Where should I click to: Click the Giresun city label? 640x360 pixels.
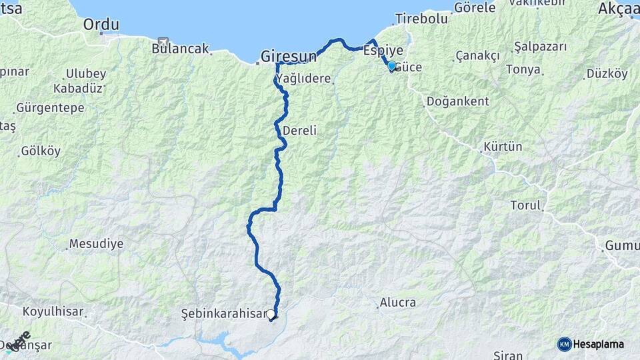(288, 56)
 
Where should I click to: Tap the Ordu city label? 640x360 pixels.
(101, 25)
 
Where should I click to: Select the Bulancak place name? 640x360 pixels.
(180, 49)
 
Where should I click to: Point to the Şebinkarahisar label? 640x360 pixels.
(223, 313)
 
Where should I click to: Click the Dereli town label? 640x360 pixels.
(299, 131)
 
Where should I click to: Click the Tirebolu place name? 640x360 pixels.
(421, 19)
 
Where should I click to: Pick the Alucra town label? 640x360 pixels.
(397, 303)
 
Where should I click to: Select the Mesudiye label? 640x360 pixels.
(96, 243)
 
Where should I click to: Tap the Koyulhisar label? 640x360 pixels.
(52, 311)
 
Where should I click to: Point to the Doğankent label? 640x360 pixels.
(457, 101)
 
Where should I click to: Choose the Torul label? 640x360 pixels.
(525, 205)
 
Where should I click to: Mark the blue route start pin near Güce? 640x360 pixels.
(391, 66)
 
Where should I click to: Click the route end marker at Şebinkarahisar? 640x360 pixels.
(271, 315)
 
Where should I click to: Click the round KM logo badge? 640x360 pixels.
(565, 344)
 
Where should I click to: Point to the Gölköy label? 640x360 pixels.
(41, 151)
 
